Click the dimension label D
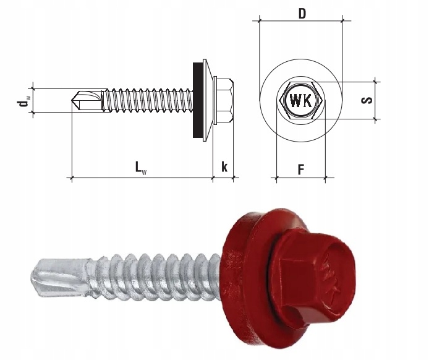[302, 14]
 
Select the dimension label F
[301, 169]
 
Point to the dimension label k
[224, 166]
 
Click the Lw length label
[141, 168]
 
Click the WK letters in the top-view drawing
[300, 100]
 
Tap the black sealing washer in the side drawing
[198, 100]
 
